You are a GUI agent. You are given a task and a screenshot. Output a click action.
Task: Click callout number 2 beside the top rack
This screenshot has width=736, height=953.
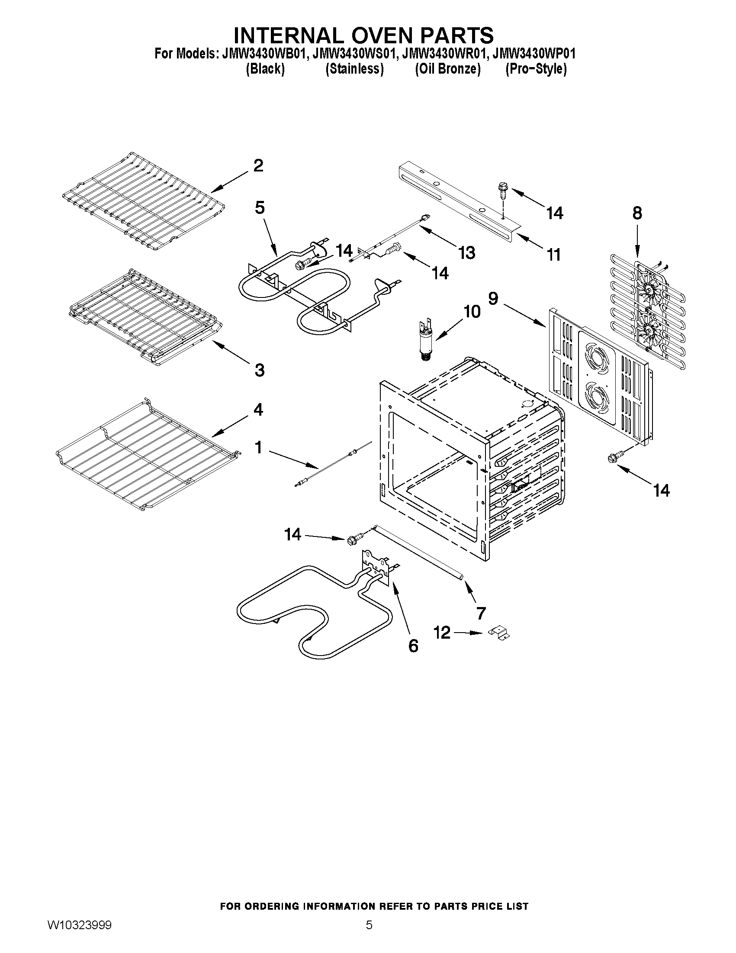click(258, 166)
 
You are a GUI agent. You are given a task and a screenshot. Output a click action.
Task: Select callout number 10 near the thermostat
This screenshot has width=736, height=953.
click(471, 312)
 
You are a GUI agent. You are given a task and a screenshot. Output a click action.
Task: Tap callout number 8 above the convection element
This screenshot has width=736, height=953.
click(637, 213)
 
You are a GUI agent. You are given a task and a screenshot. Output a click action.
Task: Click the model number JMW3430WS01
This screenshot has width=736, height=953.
click(355, 54)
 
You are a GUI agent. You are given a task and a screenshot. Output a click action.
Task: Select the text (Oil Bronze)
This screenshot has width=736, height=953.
click(447, 69)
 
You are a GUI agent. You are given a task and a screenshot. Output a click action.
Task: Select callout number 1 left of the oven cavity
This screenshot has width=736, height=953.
click(258, 447)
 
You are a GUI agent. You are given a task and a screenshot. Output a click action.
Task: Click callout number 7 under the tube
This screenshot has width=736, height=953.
click(481, 614)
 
